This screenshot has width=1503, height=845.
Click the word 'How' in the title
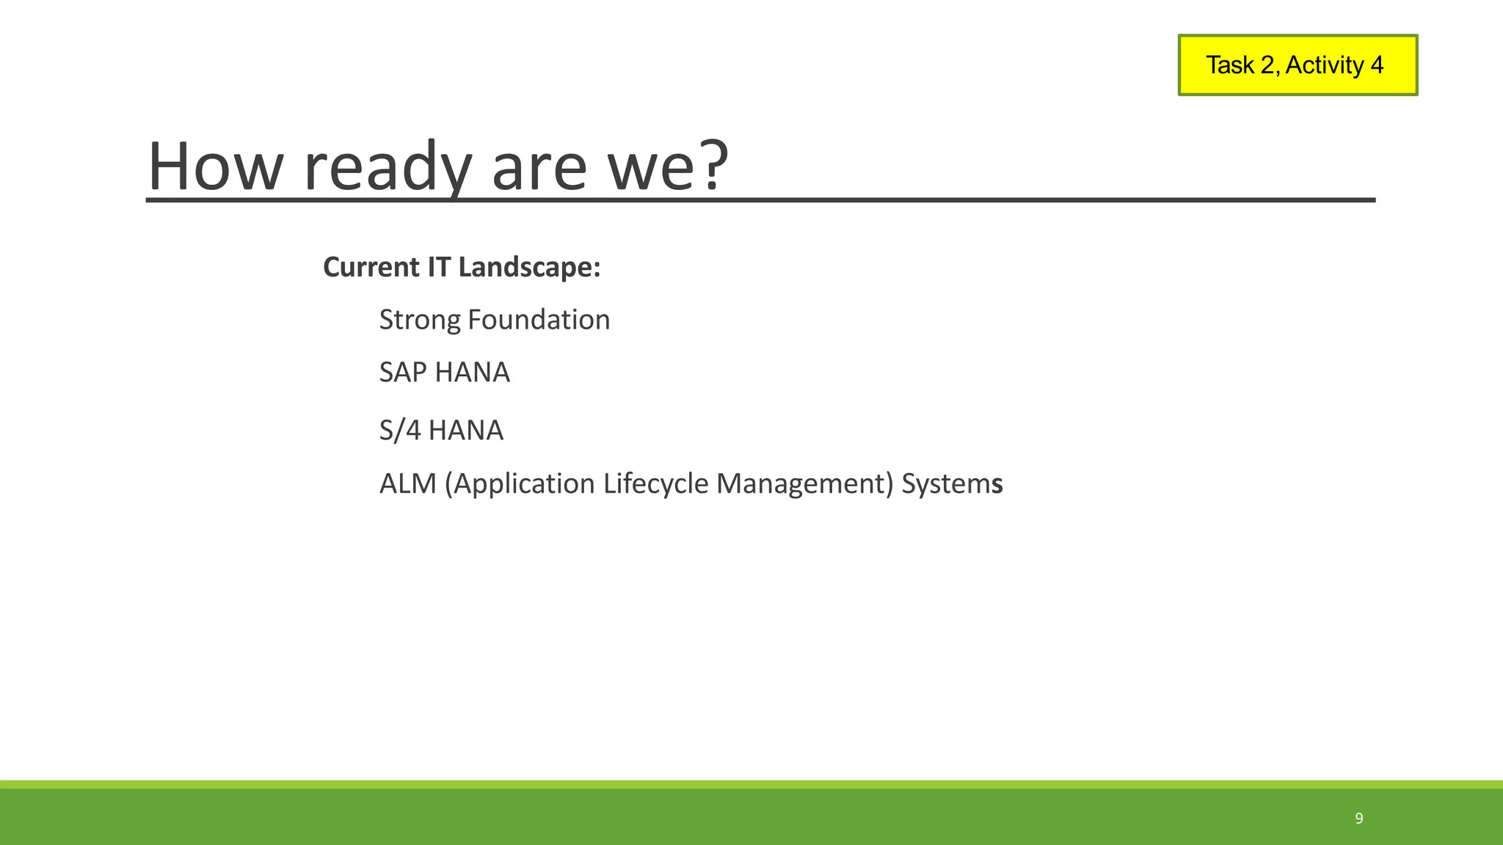click(215, 167)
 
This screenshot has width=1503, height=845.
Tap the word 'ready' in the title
click(387, 167)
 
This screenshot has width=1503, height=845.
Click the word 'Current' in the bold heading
click(371, 267)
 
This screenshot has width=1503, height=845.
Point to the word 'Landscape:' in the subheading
click(529, 267)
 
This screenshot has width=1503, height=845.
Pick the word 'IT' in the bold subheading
click(438, 267)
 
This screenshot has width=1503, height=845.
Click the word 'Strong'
click(420, 321)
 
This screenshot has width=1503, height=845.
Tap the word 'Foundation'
click(539, 320)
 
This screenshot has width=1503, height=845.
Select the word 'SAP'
click(403, 373)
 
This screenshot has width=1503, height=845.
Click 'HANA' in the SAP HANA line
click(472, 373)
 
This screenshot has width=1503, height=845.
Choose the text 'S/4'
click(400, 431)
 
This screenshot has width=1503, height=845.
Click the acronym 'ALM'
click(407, 484)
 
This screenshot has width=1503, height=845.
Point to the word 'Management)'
click(804, 484)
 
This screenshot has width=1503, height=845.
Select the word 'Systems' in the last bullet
click(952, 484)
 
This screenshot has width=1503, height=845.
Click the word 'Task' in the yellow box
click(1230, 65)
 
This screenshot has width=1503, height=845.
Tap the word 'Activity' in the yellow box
click(1324, 65)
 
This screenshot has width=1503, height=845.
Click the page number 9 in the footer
click(1359, 819)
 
